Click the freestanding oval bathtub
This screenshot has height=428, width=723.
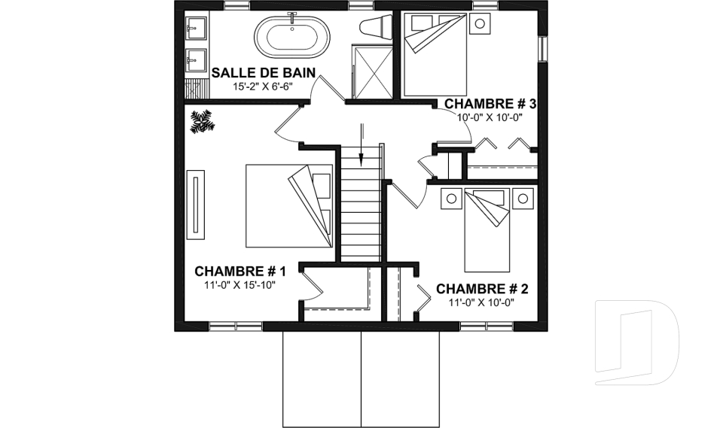coord(290,36)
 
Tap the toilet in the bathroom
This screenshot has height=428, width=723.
coord(375,27)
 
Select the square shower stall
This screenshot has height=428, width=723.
coord(372,71)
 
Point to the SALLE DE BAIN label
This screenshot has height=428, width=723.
coord(262,73)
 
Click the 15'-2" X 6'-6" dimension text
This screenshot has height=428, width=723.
coord(262,87)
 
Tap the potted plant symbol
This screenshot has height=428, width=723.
coord(202,121)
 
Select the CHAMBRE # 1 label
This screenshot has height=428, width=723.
coord(240,271)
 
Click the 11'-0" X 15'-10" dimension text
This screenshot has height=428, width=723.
coord(240,286)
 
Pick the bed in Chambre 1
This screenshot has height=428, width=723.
coord(290,205)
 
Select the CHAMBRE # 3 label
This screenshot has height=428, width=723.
coord(490,103)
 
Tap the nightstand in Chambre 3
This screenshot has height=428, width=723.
coord(478,23)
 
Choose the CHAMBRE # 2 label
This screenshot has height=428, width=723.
coord(482,288)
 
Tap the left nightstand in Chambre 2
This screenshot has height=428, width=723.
coord(451,199)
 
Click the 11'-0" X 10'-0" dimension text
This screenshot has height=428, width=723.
coord(482,302)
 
